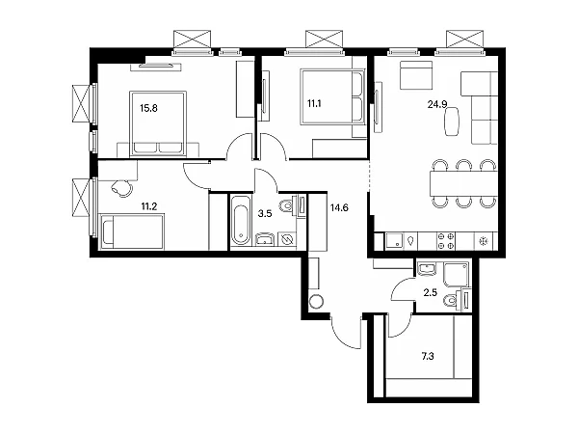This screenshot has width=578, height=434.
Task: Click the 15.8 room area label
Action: click(148, 108)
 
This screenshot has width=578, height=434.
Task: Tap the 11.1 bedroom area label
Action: click(314, 103)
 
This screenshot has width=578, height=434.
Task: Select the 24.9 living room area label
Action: click(437, 104)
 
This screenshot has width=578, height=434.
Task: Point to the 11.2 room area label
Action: click(149, 206)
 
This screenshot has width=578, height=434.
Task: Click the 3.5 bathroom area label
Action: click(265, 213)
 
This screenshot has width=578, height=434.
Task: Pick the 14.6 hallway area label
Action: click(339, 207)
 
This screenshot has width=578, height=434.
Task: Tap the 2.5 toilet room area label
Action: click(431, 292)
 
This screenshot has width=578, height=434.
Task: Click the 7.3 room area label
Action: click(428, 356)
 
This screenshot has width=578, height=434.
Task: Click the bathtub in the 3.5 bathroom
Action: click(241, 220)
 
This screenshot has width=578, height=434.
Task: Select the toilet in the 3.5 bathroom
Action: click(289, 205)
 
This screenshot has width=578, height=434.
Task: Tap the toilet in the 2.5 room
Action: click(453, 300)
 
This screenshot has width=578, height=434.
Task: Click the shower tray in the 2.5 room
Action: click(457, 274)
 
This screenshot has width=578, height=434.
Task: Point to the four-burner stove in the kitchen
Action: click(445, 241)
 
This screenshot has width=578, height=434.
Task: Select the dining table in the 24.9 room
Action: click(463, 183)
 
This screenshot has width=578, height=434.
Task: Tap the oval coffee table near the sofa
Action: click(453, 122)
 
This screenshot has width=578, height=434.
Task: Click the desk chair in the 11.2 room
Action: click(121, 187)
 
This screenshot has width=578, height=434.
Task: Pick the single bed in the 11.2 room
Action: click(132, 231)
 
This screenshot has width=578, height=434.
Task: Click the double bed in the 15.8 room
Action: click(158, 123)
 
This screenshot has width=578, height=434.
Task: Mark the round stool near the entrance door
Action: click(316, 302)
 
